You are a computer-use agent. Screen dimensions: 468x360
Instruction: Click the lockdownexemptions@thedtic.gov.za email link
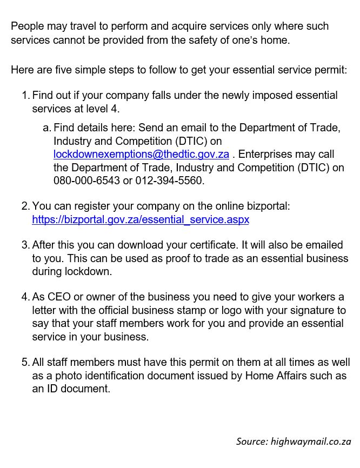pos(141,155)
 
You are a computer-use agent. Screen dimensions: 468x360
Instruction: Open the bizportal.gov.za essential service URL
pos(141,220)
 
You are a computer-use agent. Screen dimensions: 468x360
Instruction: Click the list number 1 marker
pos(25,96)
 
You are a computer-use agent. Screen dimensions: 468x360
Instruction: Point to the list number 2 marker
pos(25,206)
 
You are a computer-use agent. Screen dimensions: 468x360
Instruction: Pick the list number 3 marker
pos(25,245)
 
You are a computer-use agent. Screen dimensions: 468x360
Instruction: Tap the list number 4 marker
pos(25,297)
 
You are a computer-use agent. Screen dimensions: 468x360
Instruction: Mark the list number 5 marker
pos(25,362)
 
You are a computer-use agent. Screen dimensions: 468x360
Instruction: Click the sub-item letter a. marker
pos(46,129)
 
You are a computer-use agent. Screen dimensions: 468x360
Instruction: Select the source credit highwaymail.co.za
pos(294,442)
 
